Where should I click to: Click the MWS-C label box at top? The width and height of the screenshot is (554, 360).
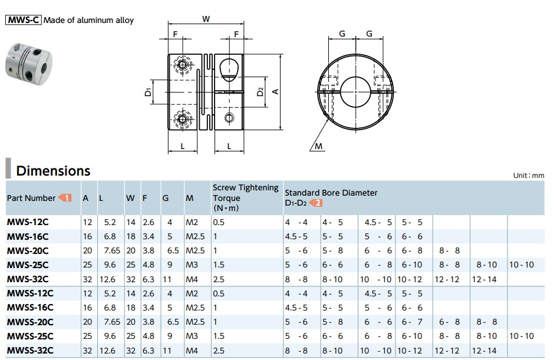[24, 20]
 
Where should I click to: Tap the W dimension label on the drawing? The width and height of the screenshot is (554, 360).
[206, 19]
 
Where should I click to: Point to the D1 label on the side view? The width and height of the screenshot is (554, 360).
[149, 91]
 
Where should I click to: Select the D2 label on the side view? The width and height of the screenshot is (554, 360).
[260, 92]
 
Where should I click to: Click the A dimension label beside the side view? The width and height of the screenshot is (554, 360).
[275, 91]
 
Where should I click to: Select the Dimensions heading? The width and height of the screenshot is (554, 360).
[53, 171]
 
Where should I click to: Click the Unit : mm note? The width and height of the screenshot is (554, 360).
[529, 176]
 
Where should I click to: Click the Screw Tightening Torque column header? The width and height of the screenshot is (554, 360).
[245, 197]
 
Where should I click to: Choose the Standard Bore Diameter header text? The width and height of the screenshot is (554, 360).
[331, 193]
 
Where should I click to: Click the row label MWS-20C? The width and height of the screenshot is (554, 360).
[27, 250]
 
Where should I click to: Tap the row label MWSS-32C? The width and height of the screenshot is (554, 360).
[29, 350]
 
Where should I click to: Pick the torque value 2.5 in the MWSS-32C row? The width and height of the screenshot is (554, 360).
[218, 350]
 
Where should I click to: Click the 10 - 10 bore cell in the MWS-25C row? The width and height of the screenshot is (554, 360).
[521, 265]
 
